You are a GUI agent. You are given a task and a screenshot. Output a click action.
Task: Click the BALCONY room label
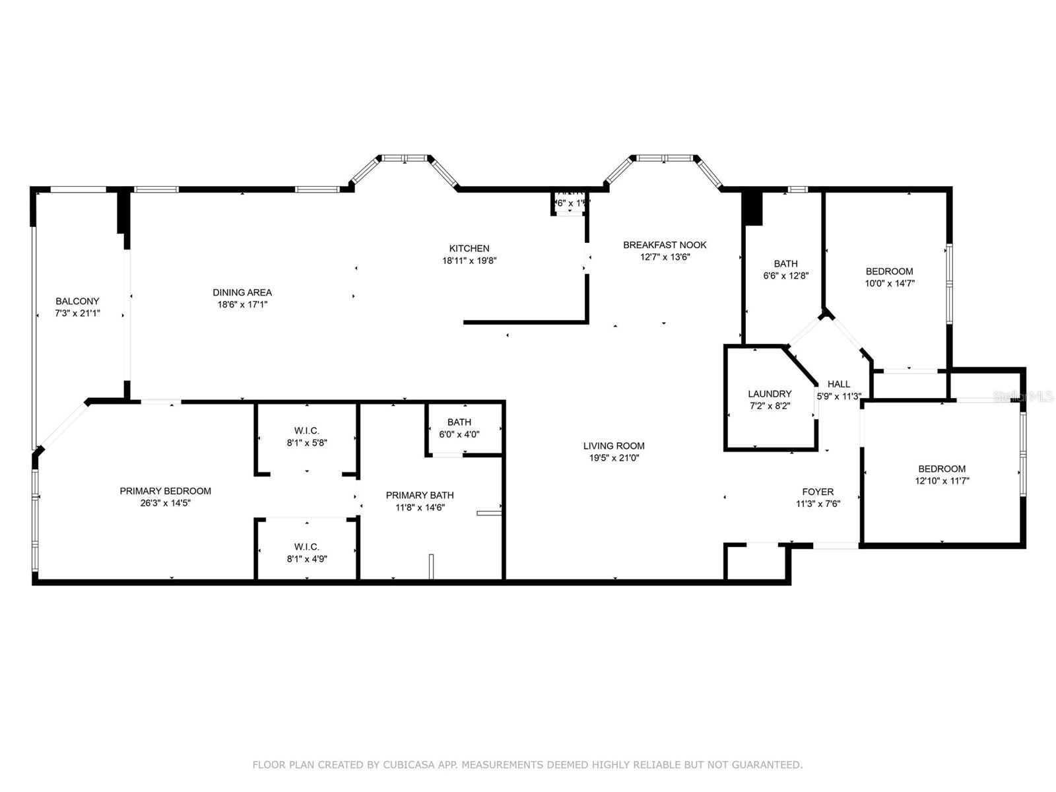[x=77, y=302]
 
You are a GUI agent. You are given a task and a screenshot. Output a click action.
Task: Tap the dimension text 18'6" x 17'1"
[x=242, y=305]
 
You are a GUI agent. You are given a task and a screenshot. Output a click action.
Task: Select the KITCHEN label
[x=469, y=249]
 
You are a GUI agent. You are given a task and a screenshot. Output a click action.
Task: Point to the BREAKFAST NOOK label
[x=665, y=245]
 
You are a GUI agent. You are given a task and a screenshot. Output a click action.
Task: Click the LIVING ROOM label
[x=614, y=446]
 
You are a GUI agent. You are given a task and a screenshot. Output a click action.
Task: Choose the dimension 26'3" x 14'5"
[x=166, y=503]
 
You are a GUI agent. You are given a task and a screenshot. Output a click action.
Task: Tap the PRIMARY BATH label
[x=420, y=496]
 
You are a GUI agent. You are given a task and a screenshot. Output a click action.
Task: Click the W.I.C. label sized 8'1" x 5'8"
[x=307, y=431]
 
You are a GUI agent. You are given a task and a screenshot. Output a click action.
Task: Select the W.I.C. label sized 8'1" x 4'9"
[x=307, y=547]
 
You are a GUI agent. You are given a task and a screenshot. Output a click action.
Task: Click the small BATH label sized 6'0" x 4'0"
[x=459, y=422]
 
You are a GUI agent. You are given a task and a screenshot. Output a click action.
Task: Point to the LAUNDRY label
[x=770, y=394]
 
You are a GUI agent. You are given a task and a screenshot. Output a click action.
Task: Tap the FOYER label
[x=818, y=492]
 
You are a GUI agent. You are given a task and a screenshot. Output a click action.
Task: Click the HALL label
[x=839, y=384]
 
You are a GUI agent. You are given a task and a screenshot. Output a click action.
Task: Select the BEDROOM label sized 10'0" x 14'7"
[x=889, y=271]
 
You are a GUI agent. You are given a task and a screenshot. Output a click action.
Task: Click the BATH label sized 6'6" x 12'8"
[x=785, y=264]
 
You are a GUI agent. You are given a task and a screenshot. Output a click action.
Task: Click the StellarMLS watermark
[x=1024, y=397]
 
